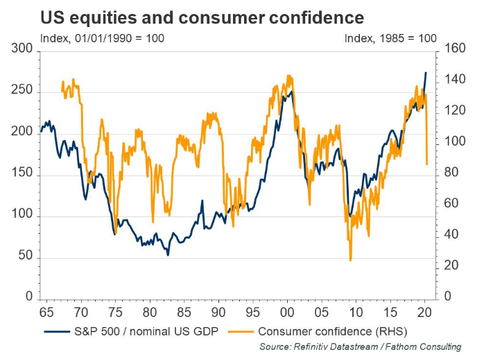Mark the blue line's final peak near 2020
coord(426,72)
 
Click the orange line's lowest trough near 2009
coord(350,260)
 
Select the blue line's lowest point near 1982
coord(168,255)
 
